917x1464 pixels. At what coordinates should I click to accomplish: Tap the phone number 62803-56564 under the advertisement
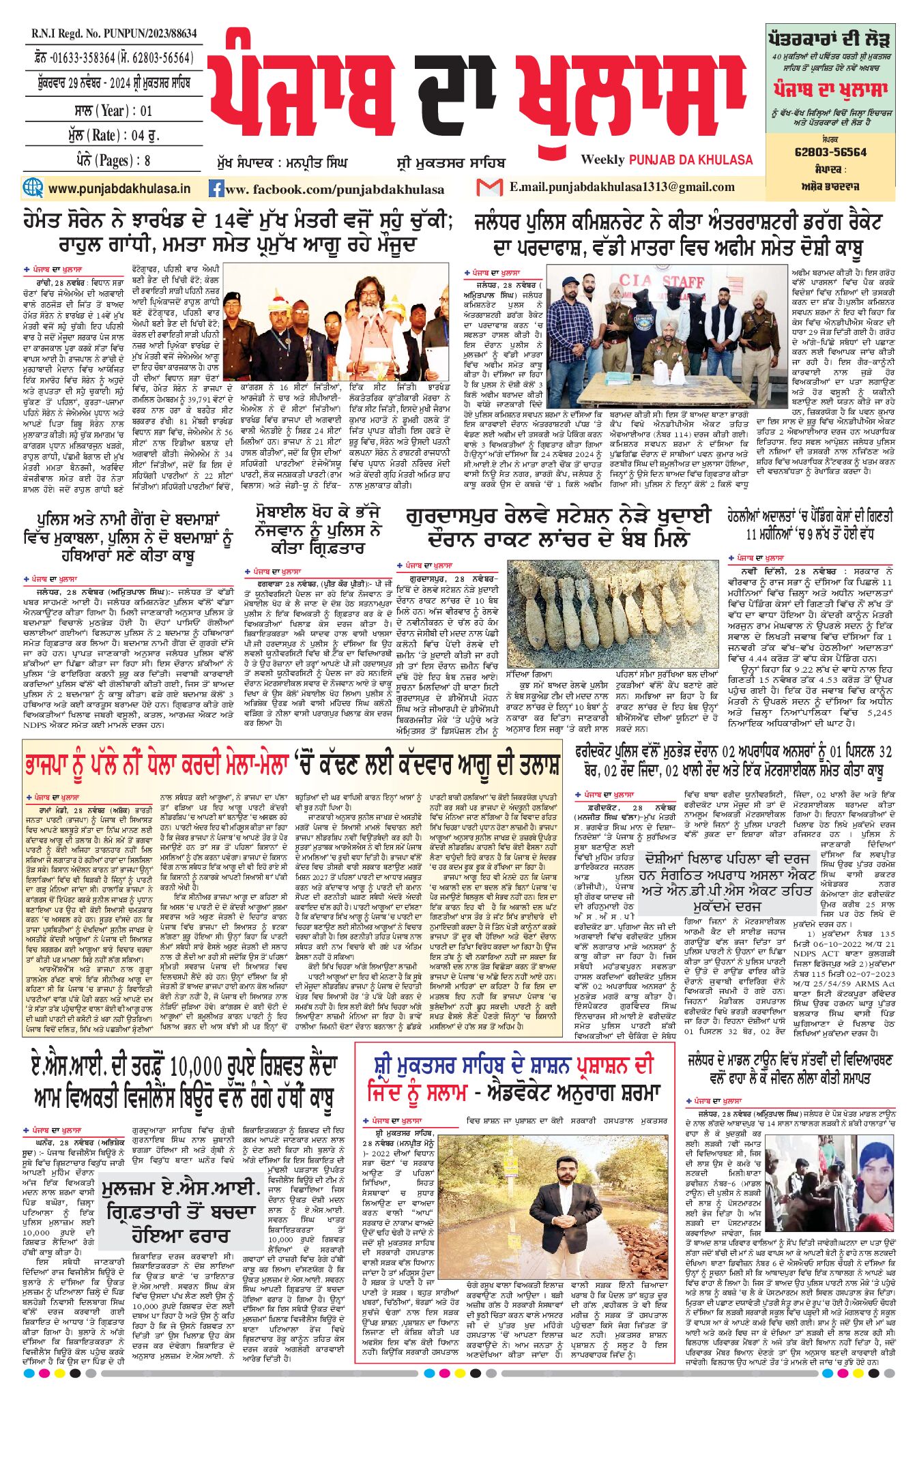pyautogui.click(x=830, y=152)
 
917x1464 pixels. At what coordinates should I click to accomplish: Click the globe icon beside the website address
pyautogui.click(x=32, y=188)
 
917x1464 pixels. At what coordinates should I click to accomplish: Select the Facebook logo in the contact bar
pyautogui.click(x=216, y=189)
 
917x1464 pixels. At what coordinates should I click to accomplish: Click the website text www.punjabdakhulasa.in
pyautogui.click(x=119, y=188)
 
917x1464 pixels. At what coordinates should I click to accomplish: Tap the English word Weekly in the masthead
pyautogui.click(x=602, y=160)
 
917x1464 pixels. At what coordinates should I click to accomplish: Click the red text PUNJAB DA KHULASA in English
pyautogui.click(x=690, y=160)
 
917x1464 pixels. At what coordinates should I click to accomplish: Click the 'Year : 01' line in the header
pyautogui.click(x=113, y=111)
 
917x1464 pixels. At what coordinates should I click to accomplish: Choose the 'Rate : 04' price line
pyautogui.click(x=114, y=135)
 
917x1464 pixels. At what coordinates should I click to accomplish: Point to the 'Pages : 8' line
pyautogui.click(x=114, y=161)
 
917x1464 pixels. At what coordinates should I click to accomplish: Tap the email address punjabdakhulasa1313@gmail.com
pyautogui.click(x=622, y=187)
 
